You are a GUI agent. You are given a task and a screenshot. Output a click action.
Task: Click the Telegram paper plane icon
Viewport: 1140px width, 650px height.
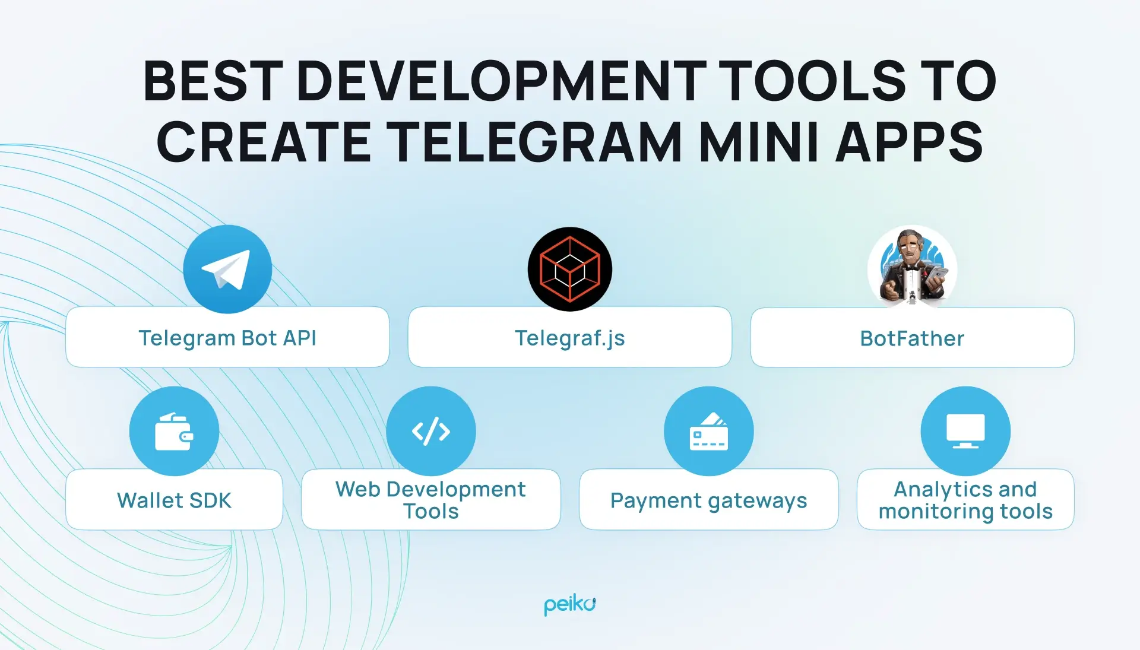[227, 269]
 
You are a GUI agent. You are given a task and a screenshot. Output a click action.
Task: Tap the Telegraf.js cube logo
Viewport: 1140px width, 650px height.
[570, 269]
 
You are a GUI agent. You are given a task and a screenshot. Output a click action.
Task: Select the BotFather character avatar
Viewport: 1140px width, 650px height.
[912, 267]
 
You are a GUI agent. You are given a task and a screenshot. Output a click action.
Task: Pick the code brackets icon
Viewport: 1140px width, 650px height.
[431, 431]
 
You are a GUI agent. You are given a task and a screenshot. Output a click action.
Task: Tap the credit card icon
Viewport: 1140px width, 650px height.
[708, 431]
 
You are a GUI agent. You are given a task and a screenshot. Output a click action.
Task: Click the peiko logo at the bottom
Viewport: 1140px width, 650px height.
[570, 605]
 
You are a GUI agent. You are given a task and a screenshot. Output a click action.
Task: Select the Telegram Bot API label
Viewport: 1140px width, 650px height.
[227, 338]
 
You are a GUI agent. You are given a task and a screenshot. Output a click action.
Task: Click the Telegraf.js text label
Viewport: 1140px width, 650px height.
[570, 338]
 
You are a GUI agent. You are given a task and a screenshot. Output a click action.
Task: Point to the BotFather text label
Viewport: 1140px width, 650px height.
[912, 338]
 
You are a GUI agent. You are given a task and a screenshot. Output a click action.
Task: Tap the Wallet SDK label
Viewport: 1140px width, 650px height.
[174, 500]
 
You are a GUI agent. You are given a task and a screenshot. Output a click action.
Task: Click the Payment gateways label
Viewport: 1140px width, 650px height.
[708, 501]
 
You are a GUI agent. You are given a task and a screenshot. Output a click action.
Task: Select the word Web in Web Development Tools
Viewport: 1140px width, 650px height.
[357, 489]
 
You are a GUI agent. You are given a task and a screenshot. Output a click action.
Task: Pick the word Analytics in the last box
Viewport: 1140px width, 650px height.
[936, 490]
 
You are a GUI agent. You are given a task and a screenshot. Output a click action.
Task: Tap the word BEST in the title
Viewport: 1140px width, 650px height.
[213, 81]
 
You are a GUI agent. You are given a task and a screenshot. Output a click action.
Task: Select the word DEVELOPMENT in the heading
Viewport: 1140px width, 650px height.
[501, 81]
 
